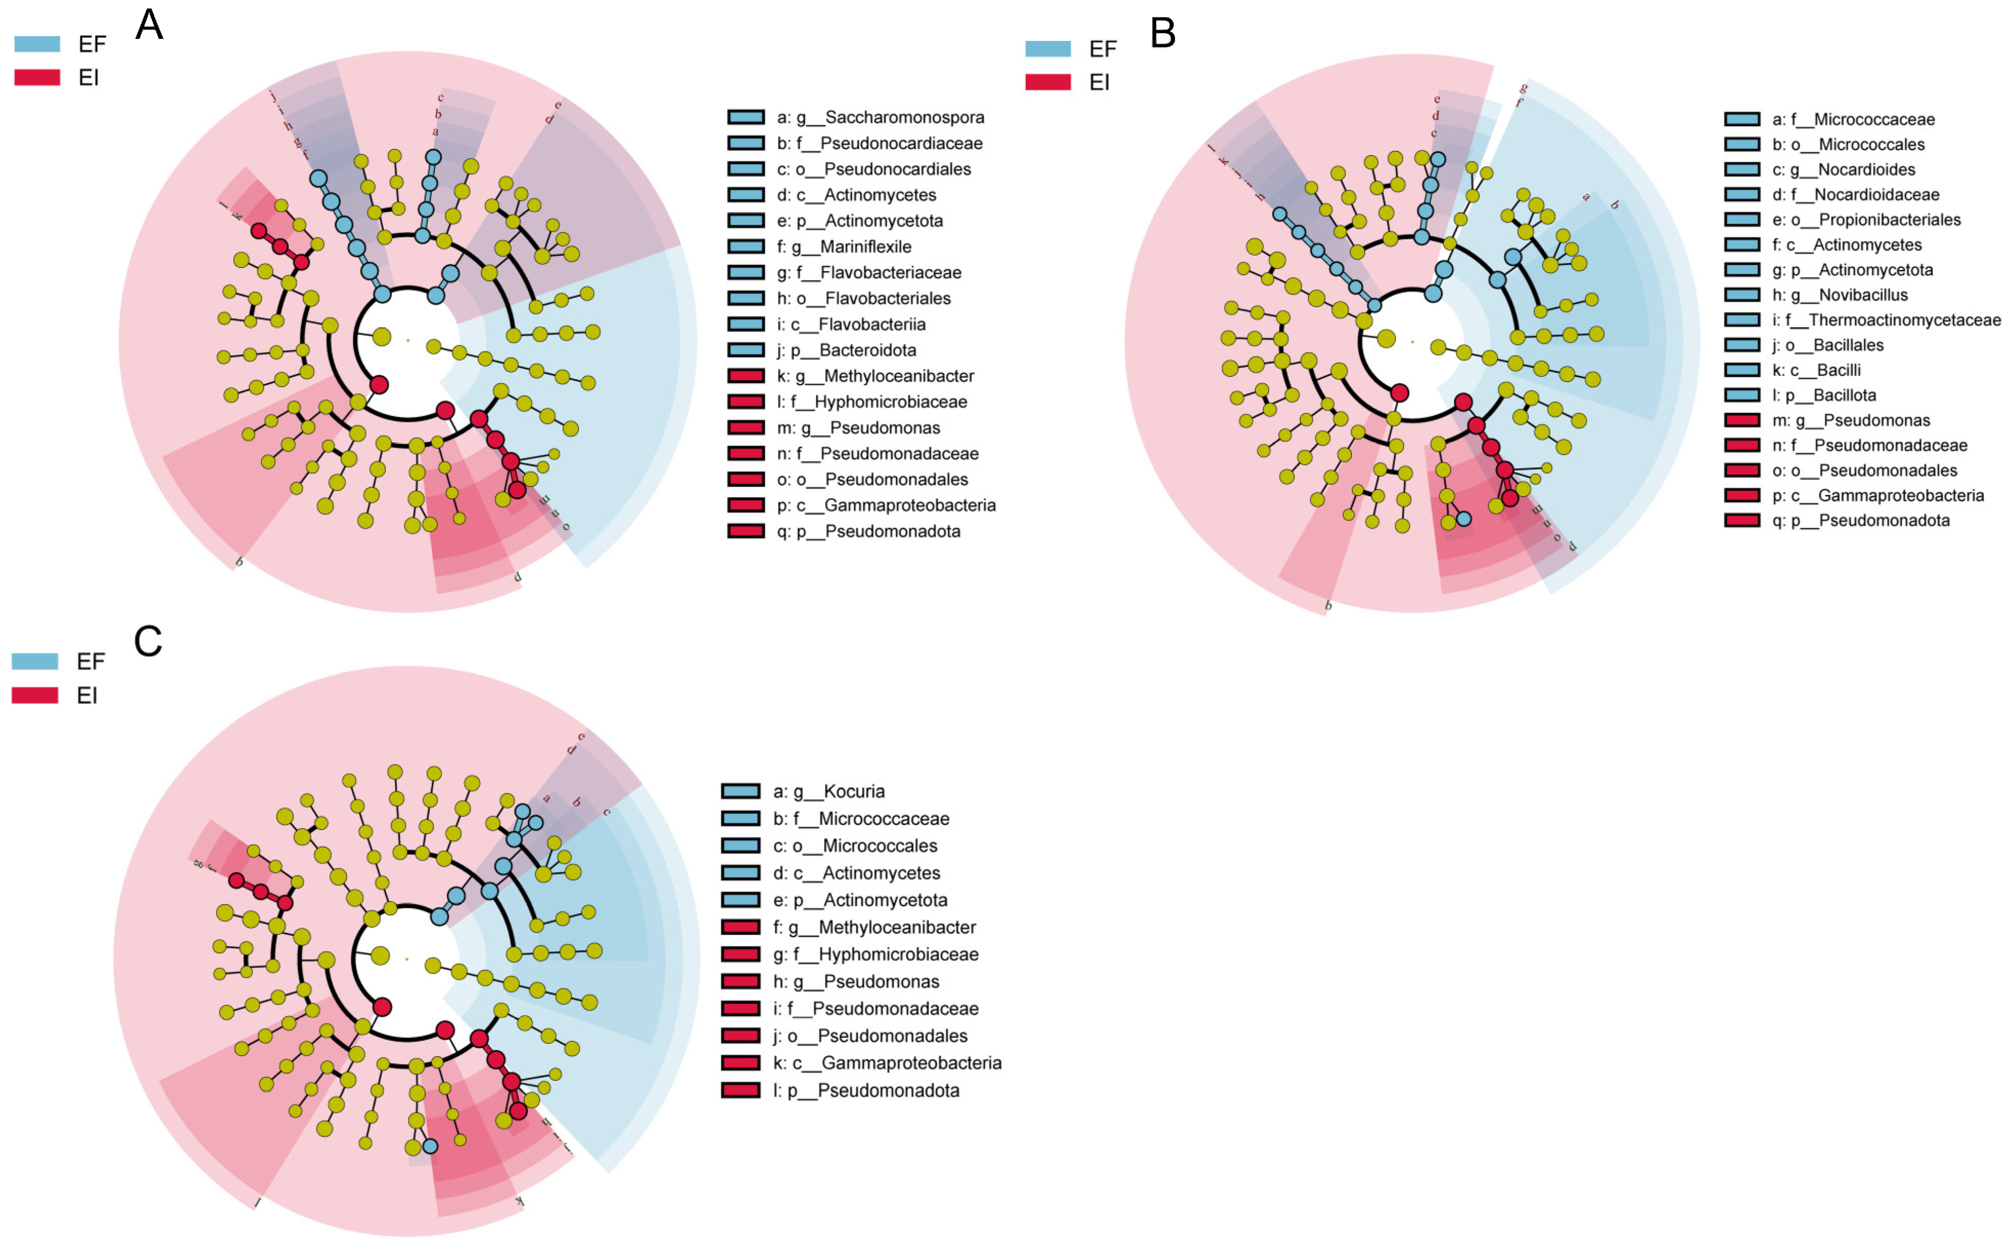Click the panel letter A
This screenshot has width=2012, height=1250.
(x=149, y=25)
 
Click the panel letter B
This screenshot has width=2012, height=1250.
(x=1162, y=34)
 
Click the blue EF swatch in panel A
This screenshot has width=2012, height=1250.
(x=37, y=44)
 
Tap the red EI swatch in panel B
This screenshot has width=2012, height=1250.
(x=1048, y=82)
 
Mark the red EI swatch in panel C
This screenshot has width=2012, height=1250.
(x=35, y=695)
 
